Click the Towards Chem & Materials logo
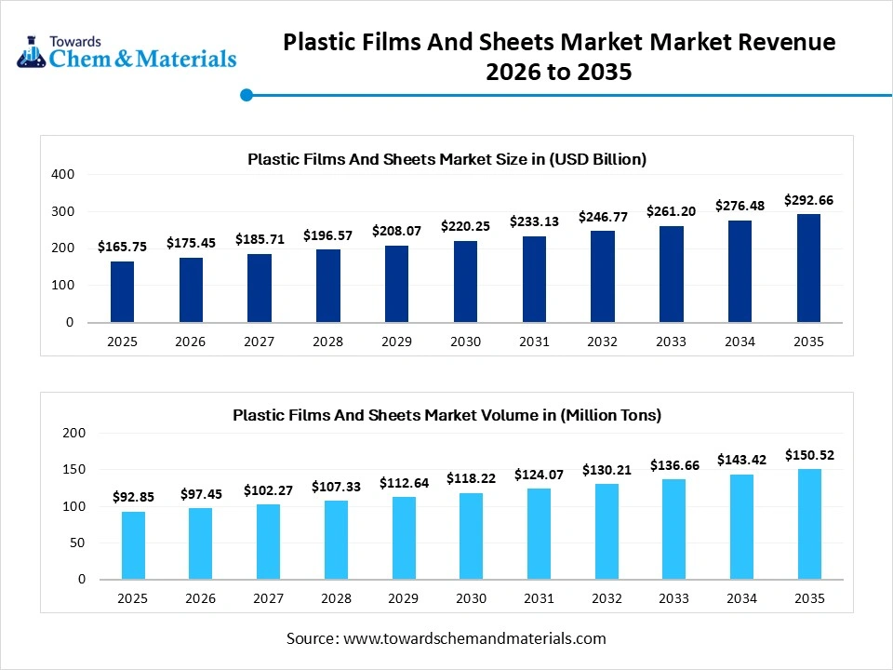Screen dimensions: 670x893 coord(127,52)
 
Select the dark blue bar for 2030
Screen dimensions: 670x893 coord(465,282)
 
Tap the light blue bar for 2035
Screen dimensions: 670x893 coord(809,524)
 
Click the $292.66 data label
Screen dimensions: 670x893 coord(809,199)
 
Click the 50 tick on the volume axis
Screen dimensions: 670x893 coord(77,543)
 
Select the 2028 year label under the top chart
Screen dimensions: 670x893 coord(327,342)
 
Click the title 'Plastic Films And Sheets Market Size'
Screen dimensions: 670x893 coord(446,159)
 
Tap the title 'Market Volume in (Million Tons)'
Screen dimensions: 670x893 coord(446,414)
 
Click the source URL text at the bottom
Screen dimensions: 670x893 coord(446,638)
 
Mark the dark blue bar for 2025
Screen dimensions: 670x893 coord(122,292)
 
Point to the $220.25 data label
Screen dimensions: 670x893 coord(465,225)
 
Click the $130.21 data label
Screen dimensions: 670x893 coord(606,470)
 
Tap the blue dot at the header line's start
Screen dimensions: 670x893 coord(247,94)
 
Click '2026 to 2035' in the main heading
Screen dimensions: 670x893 coord(559,72)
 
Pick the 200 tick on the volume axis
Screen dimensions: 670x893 coord(74,433)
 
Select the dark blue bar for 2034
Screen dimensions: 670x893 coord(740,272)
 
